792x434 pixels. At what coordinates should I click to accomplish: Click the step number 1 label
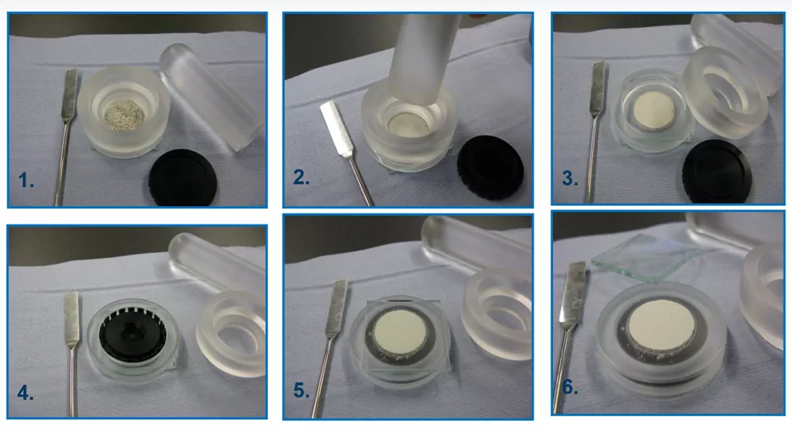pos(25,181)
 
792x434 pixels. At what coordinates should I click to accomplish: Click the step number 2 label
pos(301,177)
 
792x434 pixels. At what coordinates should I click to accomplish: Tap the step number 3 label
pos(570,178)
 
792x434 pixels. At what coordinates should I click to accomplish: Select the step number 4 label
pos(25,392)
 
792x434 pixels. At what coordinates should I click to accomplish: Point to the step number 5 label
pos(301,390)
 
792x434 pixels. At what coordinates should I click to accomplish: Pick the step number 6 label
pos(570,387)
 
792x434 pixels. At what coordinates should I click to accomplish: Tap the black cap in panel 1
pos(183,177)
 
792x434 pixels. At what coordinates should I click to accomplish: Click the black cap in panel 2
pos(490,167)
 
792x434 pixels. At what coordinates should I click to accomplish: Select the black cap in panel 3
pos(717,172)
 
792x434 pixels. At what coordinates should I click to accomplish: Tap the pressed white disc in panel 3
pos(654,111)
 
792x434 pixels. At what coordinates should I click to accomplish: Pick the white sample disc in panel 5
pos(401,332)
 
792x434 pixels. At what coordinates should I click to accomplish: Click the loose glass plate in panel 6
pos(646,258)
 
